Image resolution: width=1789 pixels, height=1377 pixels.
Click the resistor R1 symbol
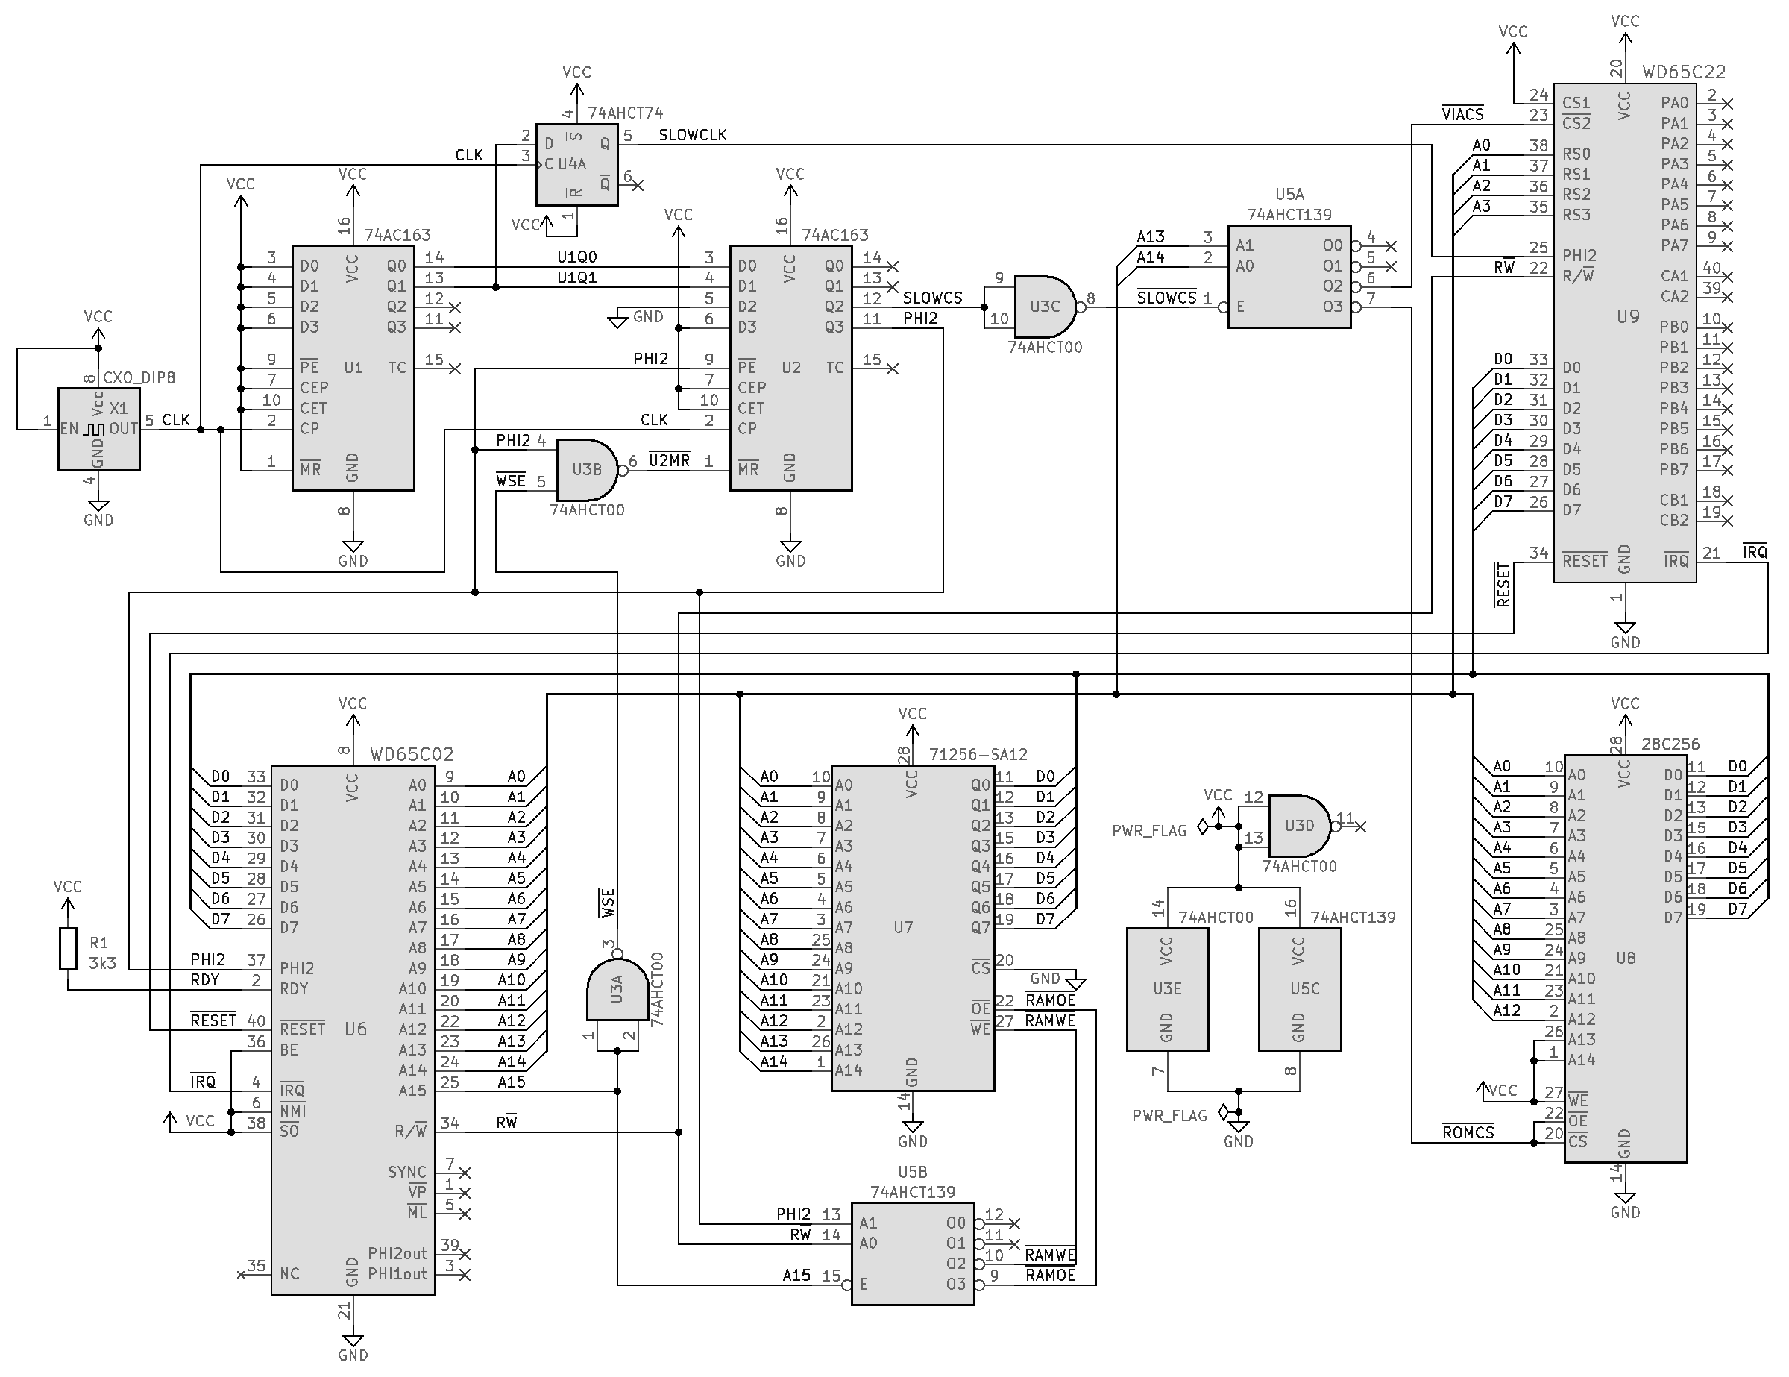[x=68, y=949]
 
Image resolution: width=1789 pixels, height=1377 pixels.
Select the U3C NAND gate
[x=1045, y=307]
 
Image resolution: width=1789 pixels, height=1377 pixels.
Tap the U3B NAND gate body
[x=586, y=469]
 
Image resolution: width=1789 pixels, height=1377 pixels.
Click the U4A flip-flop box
[x=576, y=164]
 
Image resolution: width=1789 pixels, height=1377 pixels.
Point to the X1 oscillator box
[x=98, y=428]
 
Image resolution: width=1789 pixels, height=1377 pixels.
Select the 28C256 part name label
[x=1670, y=744]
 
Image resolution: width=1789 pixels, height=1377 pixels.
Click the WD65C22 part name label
[x=1683, y=72]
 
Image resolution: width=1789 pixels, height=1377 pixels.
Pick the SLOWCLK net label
[x=692, y=135]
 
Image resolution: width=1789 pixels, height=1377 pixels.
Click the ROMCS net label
[x=1468, y=1133]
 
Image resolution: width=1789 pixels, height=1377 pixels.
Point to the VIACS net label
[x=1462, y=115]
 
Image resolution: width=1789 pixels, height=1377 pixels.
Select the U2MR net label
[x=669, y=460]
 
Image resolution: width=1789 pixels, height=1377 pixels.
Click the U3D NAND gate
[x=1299, y=826]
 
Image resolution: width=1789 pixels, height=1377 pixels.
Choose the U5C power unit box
[x=1299, y=988]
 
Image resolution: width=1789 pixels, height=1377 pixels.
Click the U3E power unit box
[x=1167, y=988]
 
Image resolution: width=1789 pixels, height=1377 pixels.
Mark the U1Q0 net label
[x=576, y=257]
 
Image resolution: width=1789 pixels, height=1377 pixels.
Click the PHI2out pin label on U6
[x=397, y=1253]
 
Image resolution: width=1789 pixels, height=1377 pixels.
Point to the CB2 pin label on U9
[x=1674, y=520]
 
